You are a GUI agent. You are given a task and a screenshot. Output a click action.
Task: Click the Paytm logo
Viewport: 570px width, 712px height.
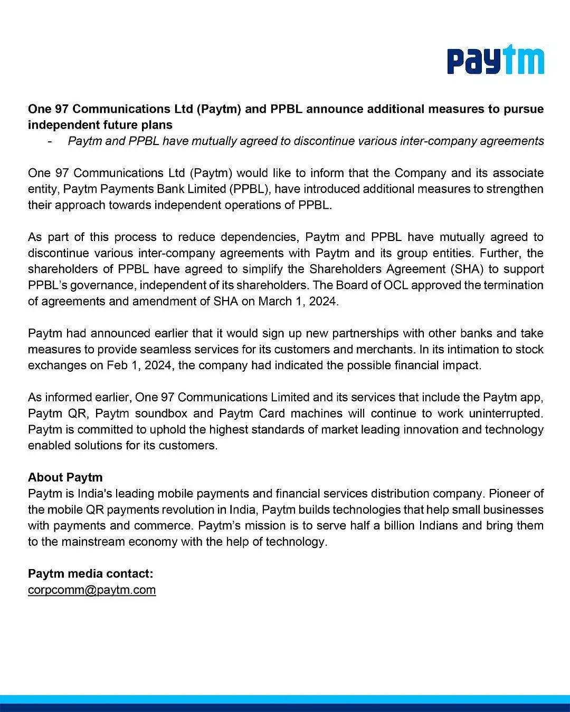496,61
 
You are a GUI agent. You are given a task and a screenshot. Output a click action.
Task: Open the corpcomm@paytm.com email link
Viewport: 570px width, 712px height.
92,590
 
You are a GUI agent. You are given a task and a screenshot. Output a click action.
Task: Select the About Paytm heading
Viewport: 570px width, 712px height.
65,477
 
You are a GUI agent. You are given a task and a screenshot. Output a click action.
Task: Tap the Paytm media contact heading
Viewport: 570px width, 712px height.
91,573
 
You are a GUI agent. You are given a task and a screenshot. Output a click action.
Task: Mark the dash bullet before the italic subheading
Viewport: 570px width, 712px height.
50,141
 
